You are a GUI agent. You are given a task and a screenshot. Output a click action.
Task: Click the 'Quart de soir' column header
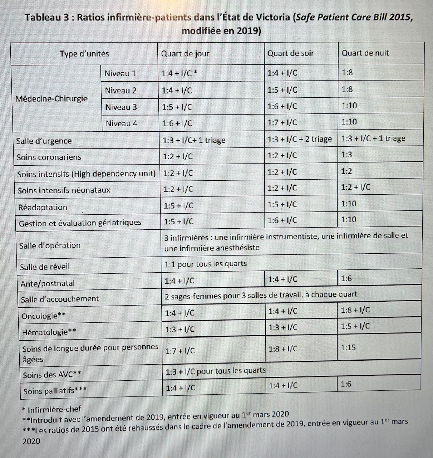point(290,53)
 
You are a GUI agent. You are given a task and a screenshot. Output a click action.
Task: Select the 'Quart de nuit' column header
point(365,53)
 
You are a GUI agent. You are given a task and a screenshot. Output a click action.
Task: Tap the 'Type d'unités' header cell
point(84,54)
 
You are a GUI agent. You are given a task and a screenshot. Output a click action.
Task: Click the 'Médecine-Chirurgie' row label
point(51,98)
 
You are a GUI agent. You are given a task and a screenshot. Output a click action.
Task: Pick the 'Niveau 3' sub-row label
point(121,107)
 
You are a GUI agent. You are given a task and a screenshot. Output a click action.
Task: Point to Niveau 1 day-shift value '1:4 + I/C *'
point(179,73)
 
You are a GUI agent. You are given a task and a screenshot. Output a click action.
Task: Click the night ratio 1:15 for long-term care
point(348,347)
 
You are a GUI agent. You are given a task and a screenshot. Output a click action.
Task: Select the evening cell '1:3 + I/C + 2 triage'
point(299,139)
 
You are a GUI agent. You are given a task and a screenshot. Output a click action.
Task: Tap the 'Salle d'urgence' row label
point(44,141)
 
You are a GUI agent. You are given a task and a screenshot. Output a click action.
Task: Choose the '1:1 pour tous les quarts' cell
point(205,264)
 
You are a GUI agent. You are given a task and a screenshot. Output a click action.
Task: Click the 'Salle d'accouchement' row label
point(60,299)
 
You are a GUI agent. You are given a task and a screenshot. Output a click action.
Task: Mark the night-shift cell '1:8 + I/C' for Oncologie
point(355,310)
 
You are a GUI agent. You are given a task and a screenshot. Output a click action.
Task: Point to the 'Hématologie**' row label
point(49,332)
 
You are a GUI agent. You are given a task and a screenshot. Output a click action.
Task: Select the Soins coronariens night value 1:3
point(346,155)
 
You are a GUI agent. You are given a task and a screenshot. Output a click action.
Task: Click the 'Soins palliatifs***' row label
point(55,391)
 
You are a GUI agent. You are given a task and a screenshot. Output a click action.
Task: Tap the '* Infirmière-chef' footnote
point(51,409)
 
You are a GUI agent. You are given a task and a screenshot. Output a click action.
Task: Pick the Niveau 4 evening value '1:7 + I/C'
point(282,122)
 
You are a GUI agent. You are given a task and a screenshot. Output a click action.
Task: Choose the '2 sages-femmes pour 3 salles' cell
point(261,295)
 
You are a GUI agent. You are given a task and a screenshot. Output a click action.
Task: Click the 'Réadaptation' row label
point(43,207)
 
